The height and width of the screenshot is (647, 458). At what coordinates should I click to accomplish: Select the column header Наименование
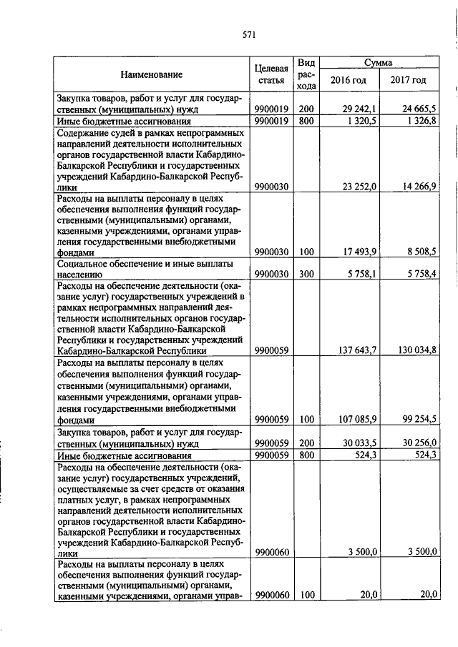151,74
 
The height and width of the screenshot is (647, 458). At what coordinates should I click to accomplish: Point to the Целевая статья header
271,74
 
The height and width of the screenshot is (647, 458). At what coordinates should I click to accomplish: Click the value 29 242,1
363,109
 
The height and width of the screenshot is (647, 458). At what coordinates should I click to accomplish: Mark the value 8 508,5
423,251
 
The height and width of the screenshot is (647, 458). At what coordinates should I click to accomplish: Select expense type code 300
306,273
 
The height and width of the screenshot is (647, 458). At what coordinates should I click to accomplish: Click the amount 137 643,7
361,350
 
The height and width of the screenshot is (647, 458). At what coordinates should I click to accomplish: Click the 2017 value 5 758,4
423,273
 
